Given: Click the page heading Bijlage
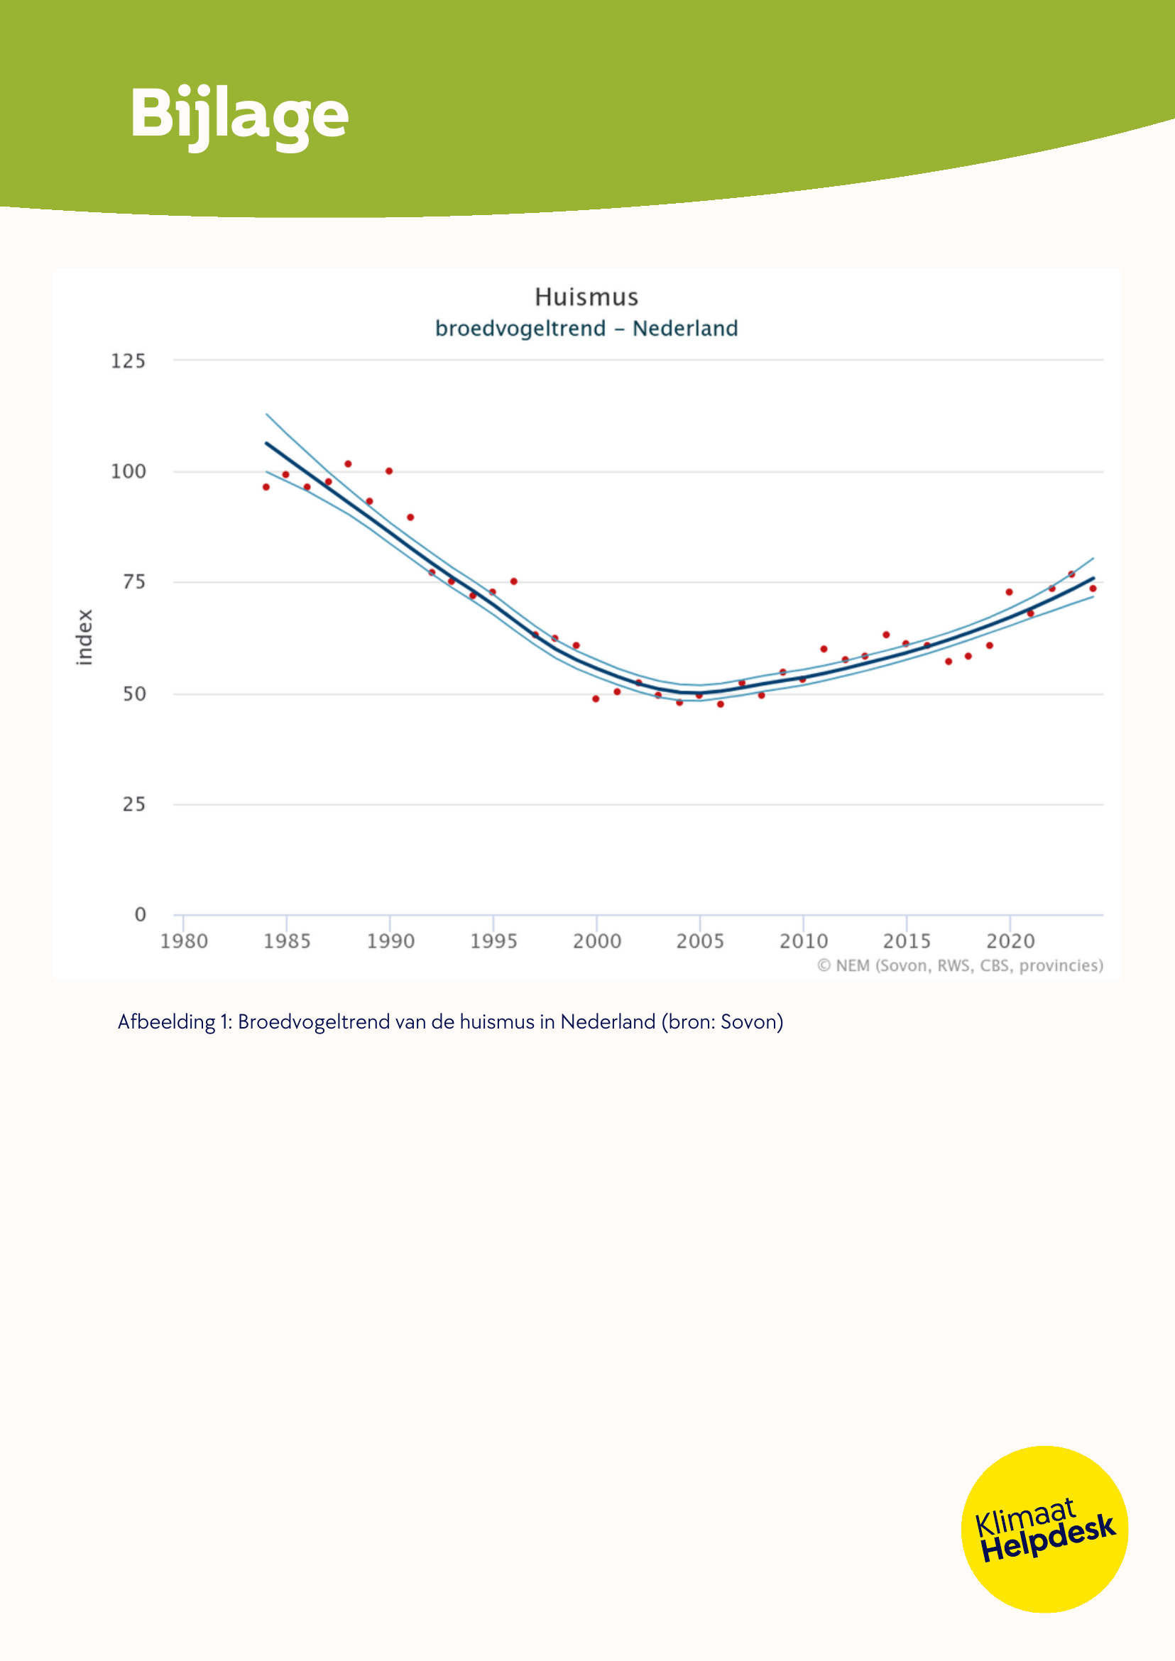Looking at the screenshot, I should coord(239,114).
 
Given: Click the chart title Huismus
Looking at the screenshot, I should coord(586,297).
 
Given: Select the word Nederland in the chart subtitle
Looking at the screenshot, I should coord(684,329).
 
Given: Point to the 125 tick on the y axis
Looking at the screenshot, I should coord(128,361).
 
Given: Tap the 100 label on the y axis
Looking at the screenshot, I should coord(128,471).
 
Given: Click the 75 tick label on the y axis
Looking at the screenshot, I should coord(134,581).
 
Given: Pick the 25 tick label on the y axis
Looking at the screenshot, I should coord(134,804).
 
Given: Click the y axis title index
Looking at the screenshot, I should coord(84,637).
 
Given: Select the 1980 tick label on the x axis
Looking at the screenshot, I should coord(184,941).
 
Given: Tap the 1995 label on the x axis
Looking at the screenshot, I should coord(493,941).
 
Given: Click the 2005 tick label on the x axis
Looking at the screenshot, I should coord(699,941).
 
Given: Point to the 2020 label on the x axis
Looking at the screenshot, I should coord(1010,941).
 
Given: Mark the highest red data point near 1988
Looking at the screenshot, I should coord(348,464).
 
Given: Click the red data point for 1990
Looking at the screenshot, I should coord(389,471).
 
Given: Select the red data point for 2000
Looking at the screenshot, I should coord(596,699).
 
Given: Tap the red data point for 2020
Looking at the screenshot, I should coord(1010,592).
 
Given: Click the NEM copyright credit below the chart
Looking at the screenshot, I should coord(959,966).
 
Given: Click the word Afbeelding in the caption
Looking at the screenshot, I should coord(166,1022).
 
